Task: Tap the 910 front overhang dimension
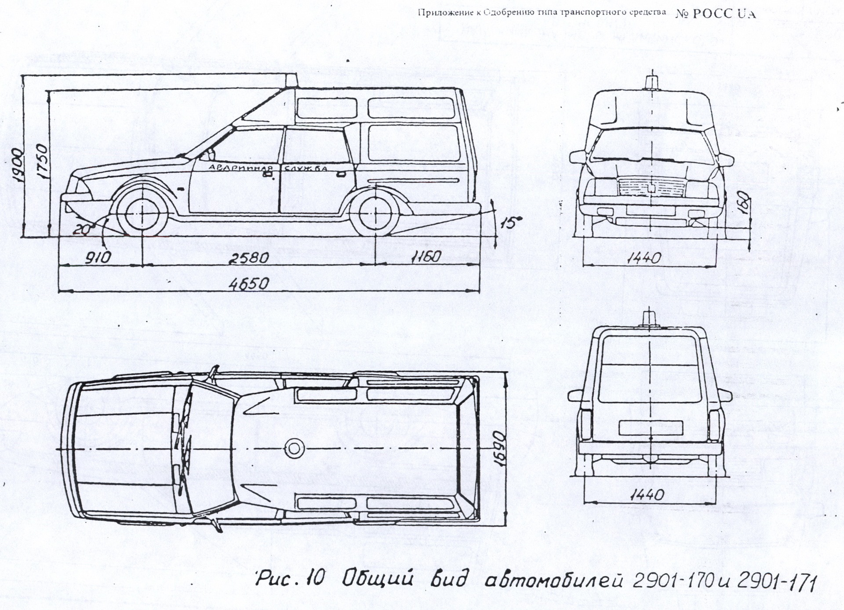[98, 258]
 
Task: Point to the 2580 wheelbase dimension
[248, 258]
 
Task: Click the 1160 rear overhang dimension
[426, 257]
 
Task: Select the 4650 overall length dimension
[249, 283]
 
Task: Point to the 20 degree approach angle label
[82, 229]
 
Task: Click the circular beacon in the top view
[292, 448]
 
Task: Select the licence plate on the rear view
[650, 427]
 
